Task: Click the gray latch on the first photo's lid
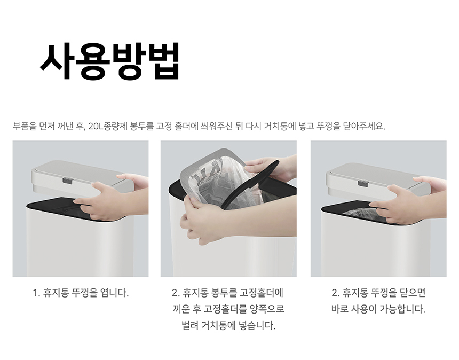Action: pos(67,181)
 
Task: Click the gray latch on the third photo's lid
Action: pos(363,183)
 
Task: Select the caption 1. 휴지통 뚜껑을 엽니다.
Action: pos(81,293)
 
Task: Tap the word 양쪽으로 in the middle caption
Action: pos(267,309)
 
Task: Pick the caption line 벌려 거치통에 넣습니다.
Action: pos(228,325)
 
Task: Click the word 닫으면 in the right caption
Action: pos(412,293)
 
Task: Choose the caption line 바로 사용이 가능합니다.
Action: pos(378,309)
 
